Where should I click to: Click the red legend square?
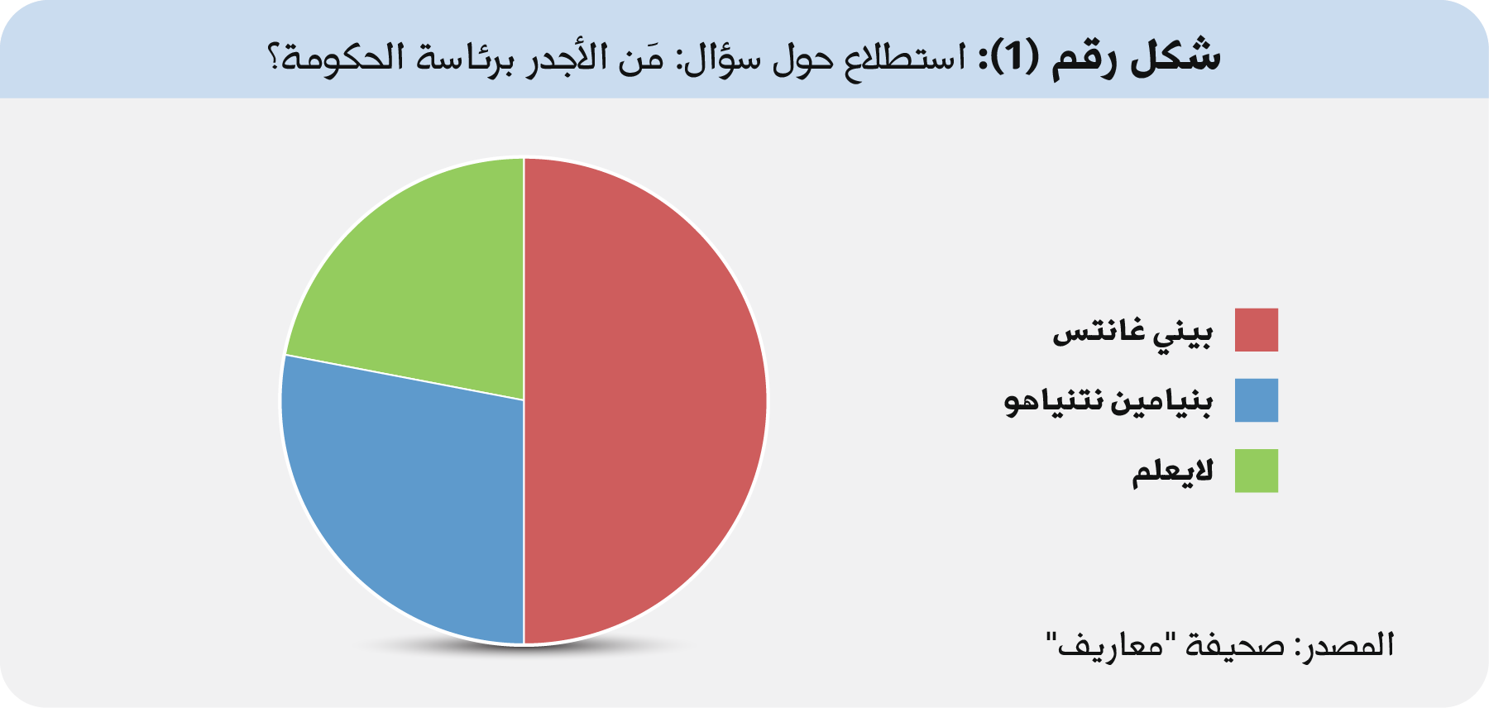[1257, 330]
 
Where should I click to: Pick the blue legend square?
[1257, 400]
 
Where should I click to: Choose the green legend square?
[1257, 471]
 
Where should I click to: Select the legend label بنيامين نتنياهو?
[1108, 402]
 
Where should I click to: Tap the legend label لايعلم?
[1172, 471]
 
